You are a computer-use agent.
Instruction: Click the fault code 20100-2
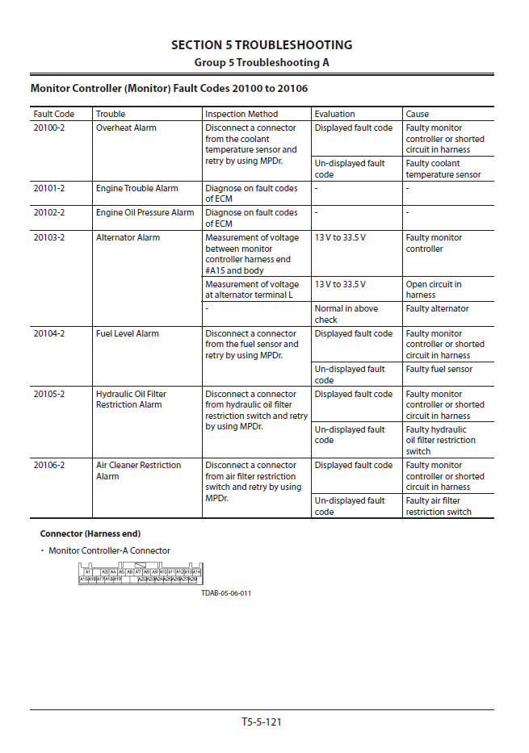click(x=49, y=128)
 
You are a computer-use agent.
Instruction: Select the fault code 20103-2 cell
click(x=49, y=237)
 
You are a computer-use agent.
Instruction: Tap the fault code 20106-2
click(x=49, y=465)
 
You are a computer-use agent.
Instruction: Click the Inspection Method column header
click(x=241, y=114)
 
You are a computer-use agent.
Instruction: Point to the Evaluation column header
click(x=334, y=114)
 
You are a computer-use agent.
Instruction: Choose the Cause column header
click(x=418, y=114)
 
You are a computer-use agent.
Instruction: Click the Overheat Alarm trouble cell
click(x=126, y=128)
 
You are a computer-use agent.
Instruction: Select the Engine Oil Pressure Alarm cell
click(x=145, y=212)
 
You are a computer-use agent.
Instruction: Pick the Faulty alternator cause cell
click(x=437, y=308)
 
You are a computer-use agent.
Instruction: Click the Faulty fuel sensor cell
click(x=439, y=369)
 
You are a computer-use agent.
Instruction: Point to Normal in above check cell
click(x=346, y=314)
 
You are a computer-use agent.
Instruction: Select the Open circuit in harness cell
click(x=434, y=290)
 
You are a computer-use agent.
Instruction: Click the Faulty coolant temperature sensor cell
click(x=443, y=169)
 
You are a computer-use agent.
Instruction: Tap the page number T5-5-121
click(x=262, y=722)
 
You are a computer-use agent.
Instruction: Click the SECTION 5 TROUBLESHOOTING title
click(x=262, y=45)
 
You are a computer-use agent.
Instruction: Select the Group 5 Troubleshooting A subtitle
click(x=262, y=62)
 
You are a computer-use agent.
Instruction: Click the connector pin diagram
click(x=140, y=575)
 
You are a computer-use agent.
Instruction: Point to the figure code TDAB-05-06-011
click(x=226, y=593)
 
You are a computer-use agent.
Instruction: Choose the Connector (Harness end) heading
click(x=90, y=533)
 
